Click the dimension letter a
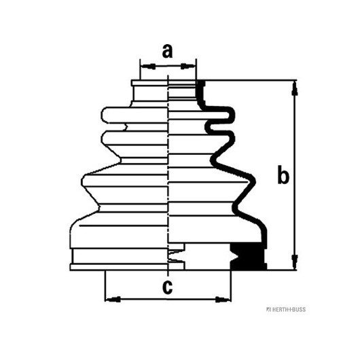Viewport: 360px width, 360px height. click(167, 51)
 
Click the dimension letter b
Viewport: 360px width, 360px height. click(283, 175)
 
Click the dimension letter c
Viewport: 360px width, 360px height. click(167, 287)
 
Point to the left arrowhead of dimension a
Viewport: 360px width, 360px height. click(147, 67)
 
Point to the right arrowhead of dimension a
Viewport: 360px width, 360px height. click(188, 67)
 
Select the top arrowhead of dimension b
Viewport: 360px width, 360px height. click(295, 88)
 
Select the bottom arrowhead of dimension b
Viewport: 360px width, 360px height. click(295, 262)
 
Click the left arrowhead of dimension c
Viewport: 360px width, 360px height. click(113, 300)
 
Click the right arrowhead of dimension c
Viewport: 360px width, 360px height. click(223, 300)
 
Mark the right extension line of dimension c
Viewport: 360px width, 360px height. click(231, 286)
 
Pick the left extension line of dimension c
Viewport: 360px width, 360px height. click(105, 286)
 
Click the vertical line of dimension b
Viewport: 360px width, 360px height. click(295, 175)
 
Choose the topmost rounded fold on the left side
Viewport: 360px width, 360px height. click(134, 115)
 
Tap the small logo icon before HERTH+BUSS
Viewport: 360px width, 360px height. click(268, 310)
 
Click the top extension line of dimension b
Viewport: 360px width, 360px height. click(247, 80)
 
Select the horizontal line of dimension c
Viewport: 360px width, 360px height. click(168, 300)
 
